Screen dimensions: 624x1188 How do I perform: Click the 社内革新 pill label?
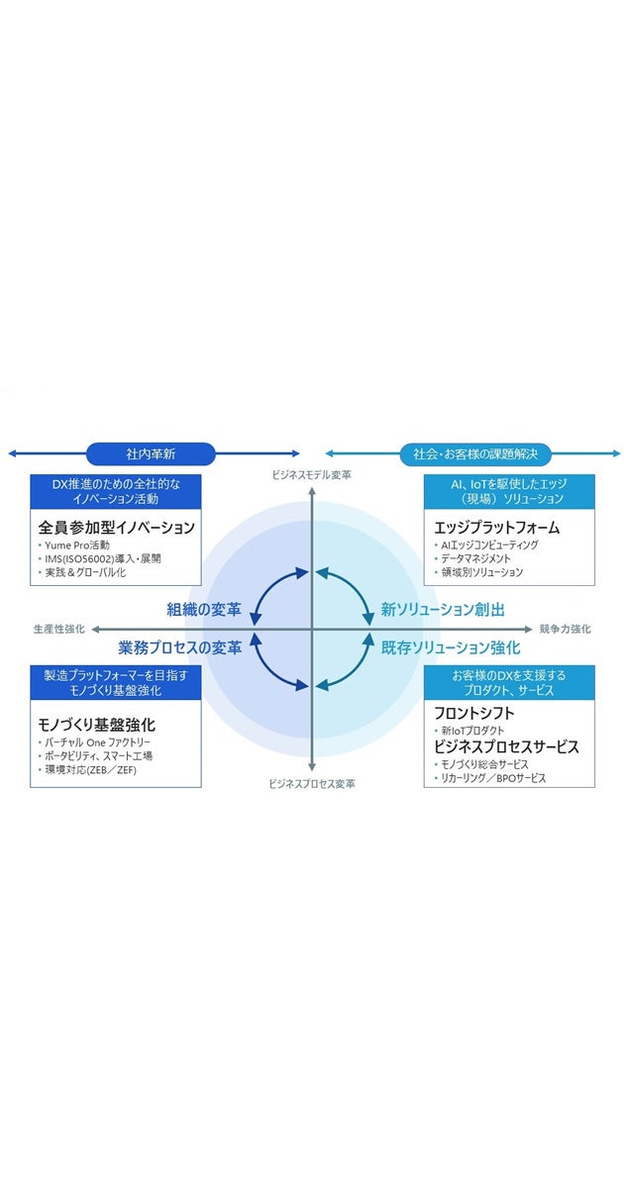151,453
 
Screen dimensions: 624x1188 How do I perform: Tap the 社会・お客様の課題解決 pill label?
475,453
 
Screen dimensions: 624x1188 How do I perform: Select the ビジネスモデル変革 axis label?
312,475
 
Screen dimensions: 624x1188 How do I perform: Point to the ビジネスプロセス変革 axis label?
312,783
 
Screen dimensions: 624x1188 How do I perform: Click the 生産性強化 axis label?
58,629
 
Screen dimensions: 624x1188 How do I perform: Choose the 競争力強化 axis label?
565,629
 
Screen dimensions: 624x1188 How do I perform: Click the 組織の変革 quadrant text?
204,610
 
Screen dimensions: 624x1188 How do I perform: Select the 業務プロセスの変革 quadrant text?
180,647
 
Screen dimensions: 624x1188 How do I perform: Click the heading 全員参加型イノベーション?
117,527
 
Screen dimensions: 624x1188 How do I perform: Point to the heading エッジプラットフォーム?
497,527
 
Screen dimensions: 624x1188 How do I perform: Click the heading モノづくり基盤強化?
97,724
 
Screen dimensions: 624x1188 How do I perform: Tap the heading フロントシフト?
474,712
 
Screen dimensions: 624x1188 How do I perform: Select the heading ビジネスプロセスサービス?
506,746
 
